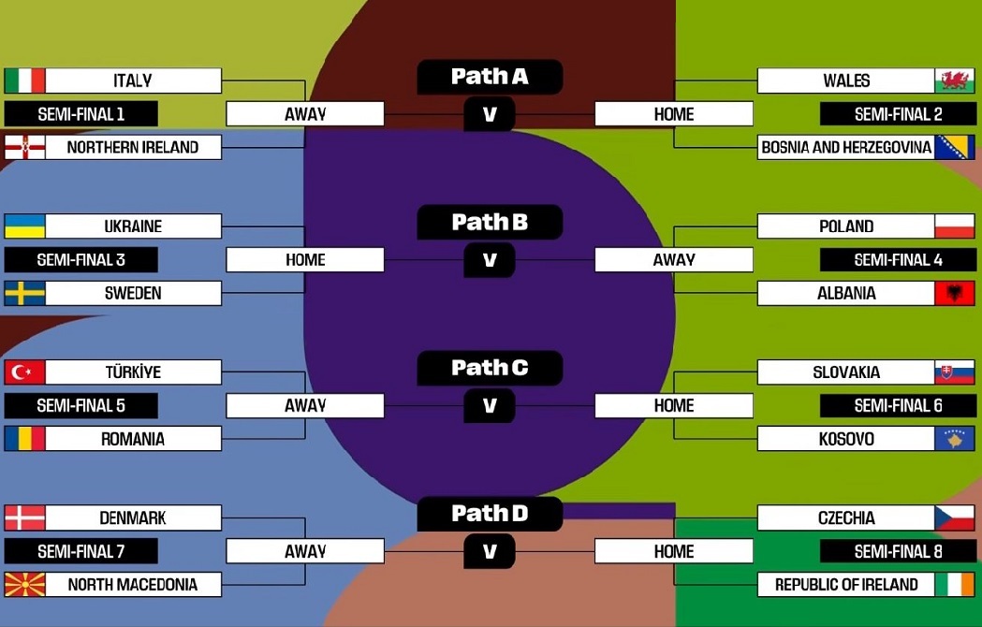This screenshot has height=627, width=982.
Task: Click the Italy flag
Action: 24,80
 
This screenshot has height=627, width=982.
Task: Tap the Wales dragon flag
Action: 954,80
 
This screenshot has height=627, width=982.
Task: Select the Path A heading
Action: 490,77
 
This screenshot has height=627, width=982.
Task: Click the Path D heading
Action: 490,513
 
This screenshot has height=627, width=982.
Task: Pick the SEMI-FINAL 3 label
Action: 81,260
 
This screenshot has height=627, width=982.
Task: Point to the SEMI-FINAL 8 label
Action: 898,551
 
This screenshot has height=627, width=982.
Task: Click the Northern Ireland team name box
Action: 133,147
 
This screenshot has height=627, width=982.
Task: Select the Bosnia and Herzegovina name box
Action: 845,147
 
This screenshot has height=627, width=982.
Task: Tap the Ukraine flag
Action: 24,226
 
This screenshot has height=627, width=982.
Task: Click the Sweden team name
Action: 133,293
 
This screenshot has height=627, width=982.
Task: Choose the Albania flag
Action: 954,293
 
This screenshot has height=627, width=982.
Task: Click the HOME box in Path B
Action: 305,260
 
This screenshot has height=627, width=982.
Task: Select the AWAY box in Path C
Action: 305,405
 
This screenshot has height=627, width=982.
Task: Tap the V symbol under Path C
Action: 490,406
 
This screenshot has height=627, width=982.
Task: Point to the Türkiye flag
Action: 24,372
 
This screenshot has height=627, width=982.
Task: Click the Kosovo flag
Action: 954,439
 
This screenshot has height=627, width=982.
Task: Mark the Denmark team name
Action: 133,518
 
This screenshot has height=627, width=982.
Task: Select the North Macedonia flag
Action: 24,585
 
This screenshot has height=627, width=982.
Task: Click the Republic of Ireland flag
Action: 954,585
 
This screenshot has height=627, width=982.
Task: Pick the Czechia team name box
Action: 845,518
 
